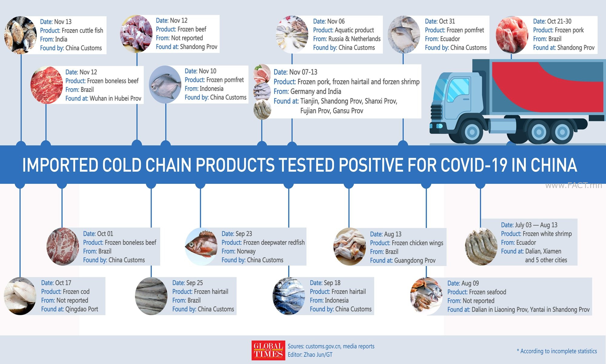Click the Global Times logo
point(268,350)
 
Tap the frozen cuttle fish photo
point(21,35)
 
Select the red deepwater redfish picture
point(201,247)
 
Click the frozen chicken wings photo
point(350,247)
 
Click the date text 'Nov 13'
point(63,22)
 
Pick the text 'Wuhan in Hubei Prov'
point(115,99)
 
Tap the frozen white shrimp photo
point(481,247)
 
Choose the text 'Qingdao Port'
point(82,309)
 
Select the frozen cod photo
point(20,296)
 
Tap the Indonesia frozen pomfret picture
point(165,85)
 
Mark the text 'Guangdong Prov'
point(415,261)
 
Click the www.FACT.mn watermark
point(574,185)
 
